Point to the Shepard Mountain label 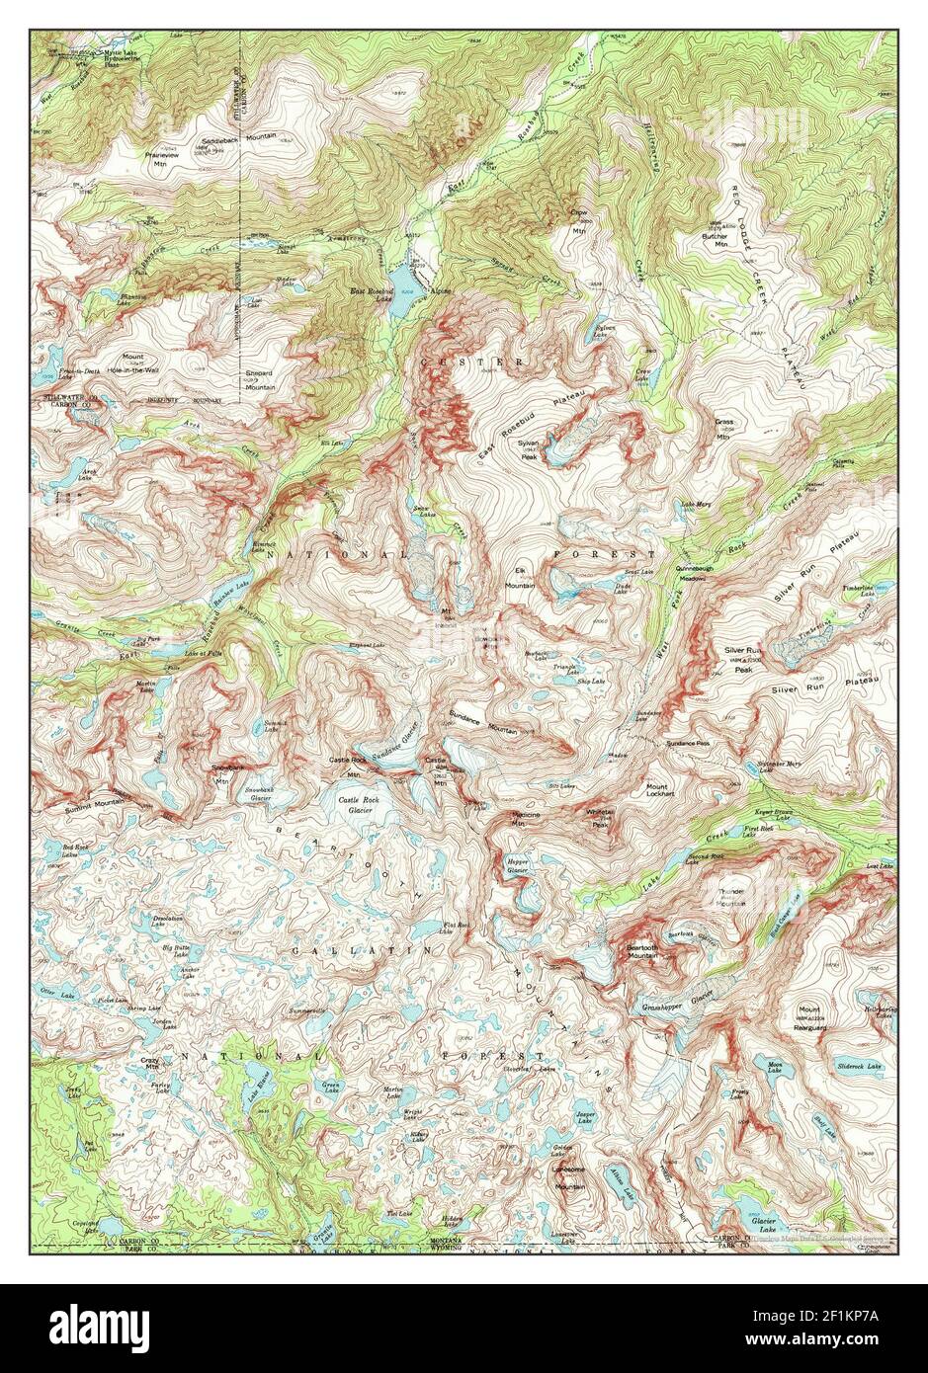tap(260, 380)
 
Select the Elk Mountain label tap(520, 578)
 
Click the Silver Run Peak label tap(743, 658)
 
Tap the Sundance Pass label tap(688, 743)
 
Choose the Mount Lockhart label tap(659, 791)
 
